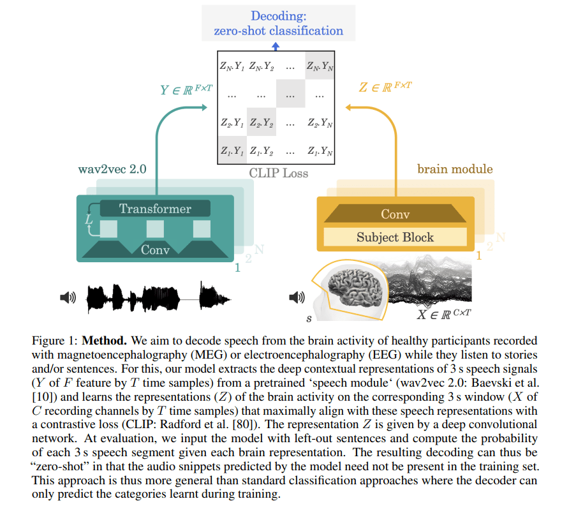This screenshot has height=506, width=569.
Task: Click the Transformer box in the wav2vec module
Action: tap(155, 208)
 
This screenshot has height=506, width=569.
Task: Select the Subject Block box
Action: tap(395, 237)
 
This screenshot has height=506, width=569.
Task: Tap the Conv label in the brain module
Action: tap(395, 214)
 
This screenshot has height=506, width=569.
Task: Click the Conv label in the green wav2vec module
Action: tap(155, 249)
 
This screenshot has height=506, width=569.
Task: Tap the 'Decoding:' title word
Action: tap(278, 16)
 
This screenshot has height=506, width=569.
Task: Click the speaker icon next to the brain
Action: tap(297, 297)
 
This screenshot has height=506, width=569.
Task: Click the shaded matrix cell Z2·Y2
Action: tap(260, 122)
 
